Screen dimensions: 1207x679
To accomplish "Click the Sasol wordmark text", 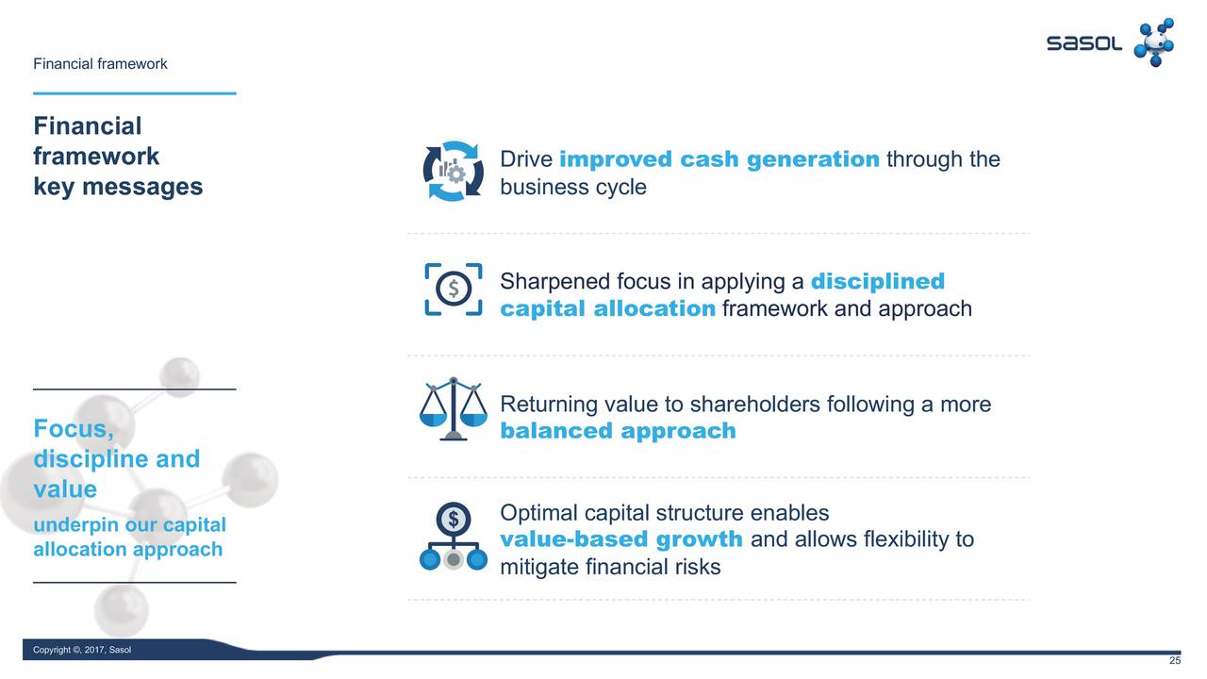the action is coord(1083,43).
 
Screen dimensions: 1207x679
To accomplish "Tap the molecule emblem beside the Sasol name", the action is coord(1154,42).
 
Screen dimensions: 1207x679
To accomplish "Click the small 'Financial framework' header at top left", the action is coord(100,64).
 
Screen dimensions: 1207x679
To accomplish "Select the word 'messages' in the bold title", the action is coord(142,187).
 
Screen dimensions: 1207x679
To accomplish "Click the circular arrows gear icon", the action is coord(454,172).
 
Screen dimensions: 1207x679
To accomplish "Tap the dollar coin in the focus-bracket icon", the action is coord(454,289).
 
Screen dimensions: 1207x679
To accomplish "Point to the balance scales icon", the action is coord(454,408).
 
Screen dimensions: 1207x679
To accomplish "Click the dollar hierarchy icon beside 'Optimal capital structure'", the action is coord(454,537).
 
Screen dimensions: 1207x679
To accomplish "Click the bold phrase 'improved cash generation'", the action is coord(719,159).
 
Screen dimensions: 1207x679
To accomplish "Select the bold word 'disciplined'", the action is coord(878,281).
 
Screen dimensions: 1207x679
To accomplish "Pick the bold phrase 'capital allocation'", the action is coord(608,308).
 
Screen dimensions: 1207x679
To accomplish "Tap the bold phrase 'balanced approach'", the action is coord(618,431).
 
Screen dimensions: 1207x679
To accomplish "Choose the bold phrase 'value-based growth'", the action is coord(621,539).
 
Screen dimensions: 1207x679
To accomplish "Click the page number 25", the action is coord(1175,661).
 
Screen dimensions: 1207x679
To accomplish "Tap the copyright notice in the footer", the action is coord(82,650).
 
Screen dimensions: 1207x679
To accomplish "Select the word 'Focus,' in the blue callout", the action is coord(74,429).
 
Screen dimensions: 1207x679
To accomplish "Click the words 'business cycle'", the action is coord(573,188).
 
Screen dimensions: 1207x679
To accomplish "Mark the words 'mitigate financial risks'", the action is coord(610,567).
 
